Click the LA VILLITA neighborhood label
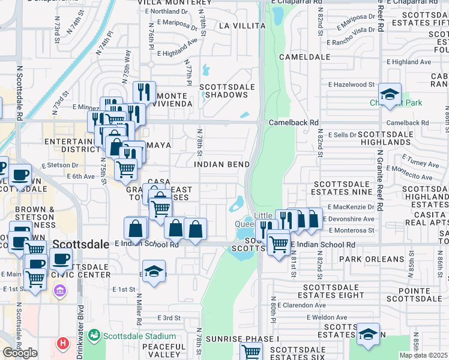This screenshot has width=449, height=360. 242,26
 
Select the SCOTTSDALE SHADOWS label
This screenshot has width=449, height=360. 228,91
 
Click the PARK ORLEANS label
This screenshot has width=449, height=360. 372,259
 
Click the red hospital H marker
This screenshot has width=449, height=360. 62,344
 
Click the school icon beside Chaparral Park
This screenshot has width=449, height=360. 390,95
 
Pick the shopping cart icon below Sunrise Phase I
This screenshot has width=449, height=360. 251,352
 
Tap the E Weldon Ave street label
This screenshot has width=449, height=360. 327,317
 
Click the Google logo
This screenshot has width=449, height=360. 20,353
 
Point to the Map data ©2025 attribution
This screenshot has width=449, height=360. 424,355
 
